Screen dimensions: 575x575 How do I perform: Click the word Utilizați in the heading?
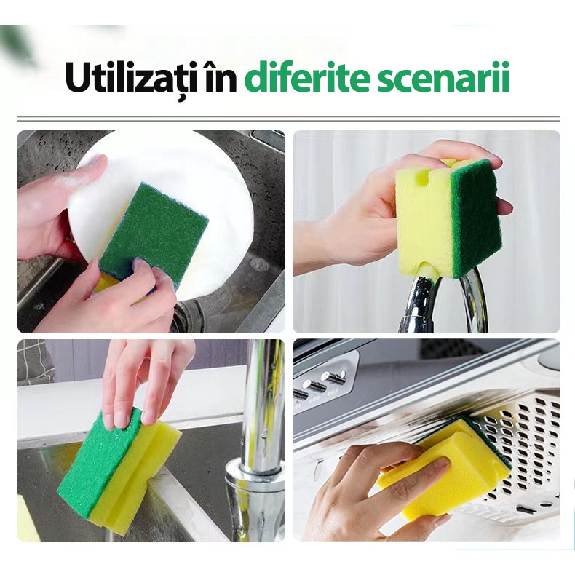coord(131,78)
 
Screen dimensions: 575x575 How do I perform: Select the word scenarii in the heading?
coord(444,77)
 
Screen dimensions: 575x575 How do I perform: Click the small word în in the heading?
coord(221,77)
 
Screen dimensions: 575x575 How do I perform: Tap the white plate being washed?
coord(165,205)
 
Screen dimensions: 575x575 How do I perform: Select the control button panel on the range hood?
coord(322,381)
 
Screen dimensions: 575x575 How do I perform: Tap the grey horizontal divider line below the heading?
coord(289,119)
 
